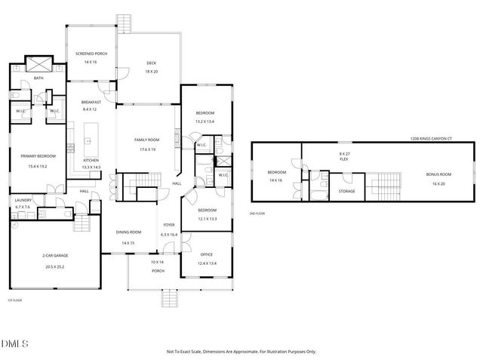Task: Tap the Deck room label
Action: coord(151,63)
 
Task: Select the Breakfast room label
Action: coord(91,102)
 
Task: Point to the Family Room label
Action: coord(146,140)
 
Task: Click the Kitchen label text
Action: coord(91,161)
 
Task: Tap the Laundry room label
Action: coord(23,200)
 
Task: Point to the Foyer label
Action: coord(169,225)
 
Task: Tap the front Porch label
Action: coord(158,270)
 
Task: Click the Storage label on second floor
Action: coord(346,191)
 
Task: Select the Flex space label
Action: coord(343,159)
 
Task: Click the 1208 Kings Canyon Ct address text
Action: coord(431,139)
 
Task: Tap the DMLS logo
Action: coord(14,344)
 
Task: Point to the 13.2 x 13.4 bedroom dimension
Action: coord(205,122)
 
